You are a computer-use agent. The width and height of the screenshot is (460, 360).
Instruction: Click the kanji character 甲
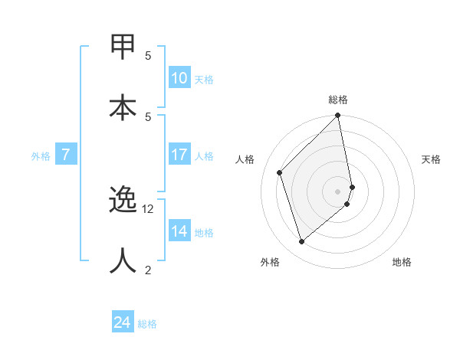pyautogui.click(x=123, y=47)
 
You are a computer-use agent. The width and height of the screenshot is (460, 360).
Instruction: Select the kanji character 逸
pyautogui.click(x=123, y=200)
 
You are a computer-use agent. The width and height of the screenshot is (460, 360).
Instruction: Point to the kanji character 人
pyautogui.click(x=123, y=261)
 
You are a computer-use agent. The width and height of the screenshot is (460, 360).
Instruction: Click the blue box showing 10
pyautogui.click(x=179, y=78)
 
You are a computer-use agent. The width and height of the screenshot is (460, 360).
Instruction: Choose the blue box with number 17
pyautogui.click(x=179, y=155)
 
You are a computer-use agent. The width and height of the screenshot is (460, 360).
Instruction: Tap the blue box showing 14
pyautogui.click(x=179, y=231)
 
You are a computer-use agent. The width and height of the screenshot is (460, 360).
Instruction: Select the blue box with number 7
pyautogui.click(x=66, y=155)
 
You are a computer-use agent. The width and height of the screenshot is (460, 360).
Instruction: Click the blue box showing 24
pyautogui.click(x=123, y=322)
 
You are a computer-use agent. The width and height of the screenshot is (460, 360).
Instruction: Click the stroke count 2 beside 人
pyautogui.click(x=148, y=270)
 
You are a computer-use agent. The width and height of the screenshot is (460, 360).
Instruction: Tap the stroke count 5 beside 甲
pyautogui.click(x=148, y=55)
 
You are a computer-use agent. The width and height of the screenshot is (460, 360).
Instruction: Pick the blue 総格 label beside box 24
pyautogui.click(x=147, y=324)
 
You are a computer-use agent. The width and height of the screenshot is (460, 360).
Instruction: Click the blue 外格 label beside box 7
pyautogui.click(x=41, y=156)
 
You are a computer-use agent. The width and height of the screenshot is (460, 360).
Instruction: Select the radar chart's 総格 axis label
pyautogui.click(x=338, y=100)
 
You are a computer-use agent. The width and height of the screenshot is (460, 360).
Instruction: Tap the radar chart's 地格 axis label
pyautogui.click(x=402, y=262)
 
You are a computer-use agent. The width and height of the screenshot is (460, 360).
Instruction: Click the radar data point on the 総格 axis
pyautogui.click(x=338, y=116)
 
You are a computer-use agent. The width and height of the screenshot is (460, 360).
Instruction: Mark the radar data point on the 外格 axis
pyautogui.click(x=301, y=242)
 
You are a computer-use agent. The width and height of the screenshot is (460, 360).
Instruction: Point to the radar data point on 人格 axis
pyautogui.click(x=280, y=172)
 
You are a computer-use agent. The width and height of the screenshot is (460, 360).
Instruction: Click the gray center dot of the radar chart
pyautogui.click(x=338, y=191)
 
